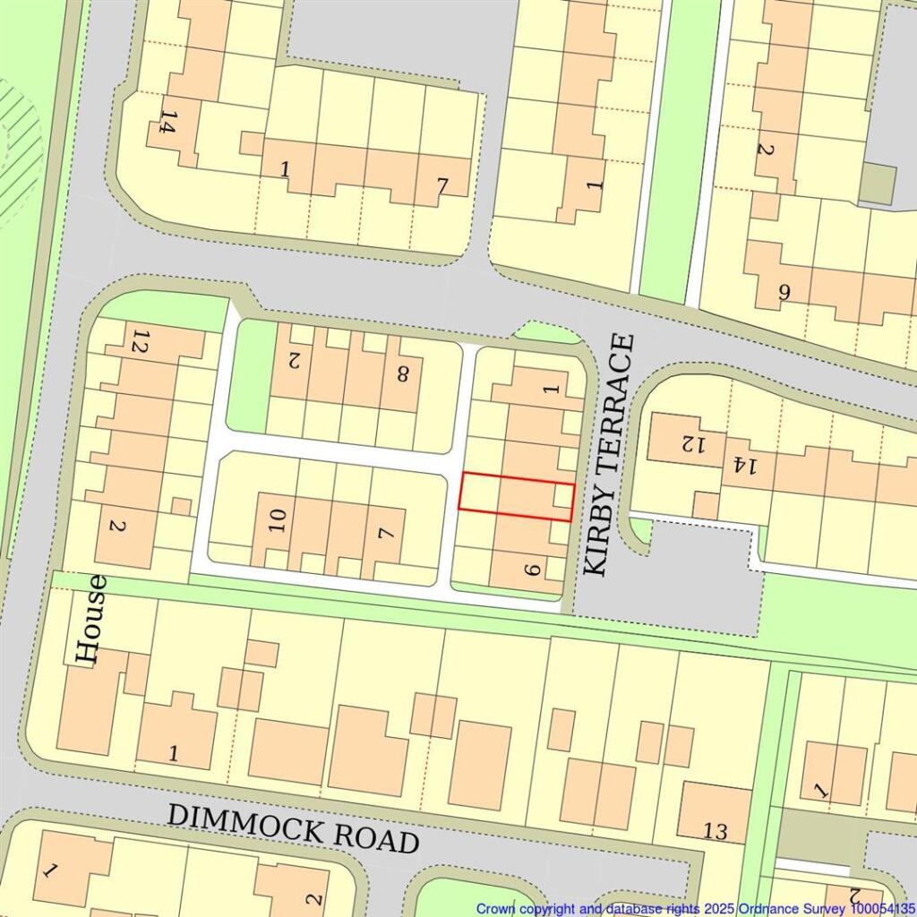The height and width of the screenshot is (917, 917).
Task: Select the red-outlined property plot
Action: tap(516, 495)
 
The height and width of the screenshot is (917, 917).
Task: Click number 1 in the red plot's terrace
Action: tap(552, 388)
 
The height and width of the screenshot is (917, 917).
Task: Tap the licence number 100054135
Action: tap(882, 908)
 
